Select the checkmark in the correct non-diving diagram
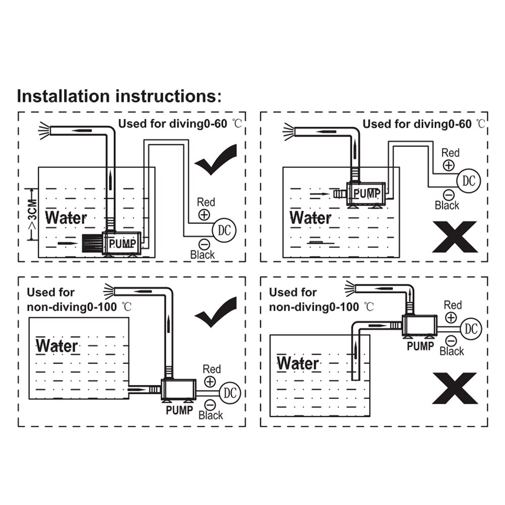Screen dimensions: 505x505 (x=216, y=312)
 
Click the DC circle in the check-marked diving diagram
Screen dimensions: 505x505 (x=224, y=230)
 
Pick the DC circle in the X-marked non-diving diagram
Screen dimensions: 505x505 (x=471, y=328)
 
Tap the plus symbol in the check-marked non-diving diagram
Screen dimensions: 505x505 (x=210, y=382)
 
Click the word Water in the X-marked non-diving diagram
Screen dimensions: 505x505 (x=298, y=363)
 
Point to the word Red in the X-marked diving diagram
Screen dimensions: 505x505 (x=450, y=153)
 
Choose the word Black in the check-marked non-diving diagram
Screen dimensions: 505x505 (x=211, y=415)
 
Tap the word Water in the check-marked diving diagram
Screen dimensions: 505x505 (x=66, y=218)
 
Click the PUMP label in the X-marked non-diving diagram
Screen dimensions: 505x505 (x=420, y=346)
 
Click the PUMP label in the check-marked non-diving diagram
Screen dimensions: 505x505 (x=179, y=410)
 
